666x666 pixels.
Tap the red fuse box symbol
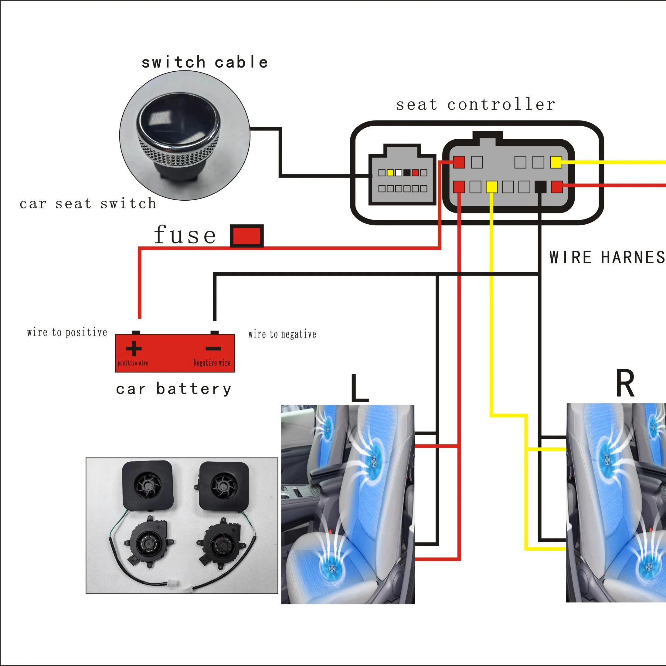pyautogui.click(x=246, y=236)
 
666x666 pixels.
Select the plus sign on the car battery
pyautogui.click(x=134, y=348)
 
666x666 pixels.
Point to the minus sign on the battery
pyautogui.click(x=213, y=348)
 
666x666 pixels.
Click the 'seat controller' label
pyautogui.click(x=475, y=104)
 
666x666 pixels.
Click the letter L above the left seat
pyautogui.click(x=359, y=389)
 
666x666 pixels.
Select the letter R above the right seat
pyautogui.click(x=625, y=384)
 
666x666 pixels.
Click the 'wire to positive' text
pyautogui.click(x=67, y=332)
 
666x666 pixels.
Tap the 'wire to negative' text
pyautogui.click(x=282, y=334)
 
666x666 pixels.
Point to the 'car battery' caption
pyautogui.click(x=173, y=389)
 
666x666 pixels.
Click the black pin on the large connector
pyautogui.click(x=540, y=187)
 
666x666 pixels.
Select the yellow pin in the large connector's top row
pyautogui.click(x=556, y=162)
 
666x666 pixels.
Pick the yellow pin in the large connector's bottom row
pyautogui.click(x=491, y=187)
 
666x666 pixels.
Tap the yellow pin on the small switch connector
pyautogui.click(x=390, y=173)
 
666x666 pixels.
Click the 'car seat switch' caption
pyautogui.click(x=88, y=203)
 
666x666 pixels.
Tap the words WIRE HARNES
pyautogui.click(x=607, y=257)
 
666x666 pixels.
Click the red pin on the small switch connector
pyautogui.click(x=415, y=173)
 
